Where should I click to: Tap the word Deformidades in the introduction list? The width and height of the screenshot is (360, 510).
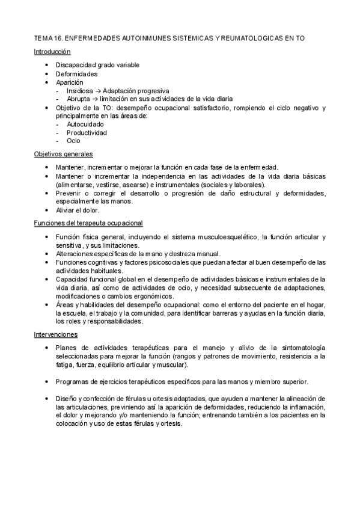[76, 73]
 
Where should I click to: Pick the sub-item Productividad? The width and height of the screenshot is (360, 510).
[87, 132]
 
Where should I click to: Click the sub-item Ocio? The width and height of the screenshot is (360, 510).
[74, 141]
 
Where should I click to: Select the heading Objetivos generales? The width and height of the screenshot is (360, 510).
[63, 155]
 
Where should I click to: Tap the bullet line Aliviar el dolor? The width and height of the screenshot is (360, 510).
[78, 210]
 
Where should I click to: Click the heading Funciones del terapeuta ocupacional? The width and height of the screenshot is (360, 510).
[88, 223]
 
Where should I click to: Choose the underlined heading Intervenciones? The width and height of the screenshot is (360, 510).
[55, 334]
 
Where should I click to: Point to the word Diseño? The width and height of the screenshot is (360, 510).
[67, 399]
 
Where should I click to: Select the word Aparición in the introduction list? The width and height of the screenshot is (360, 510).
[70, 82]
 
